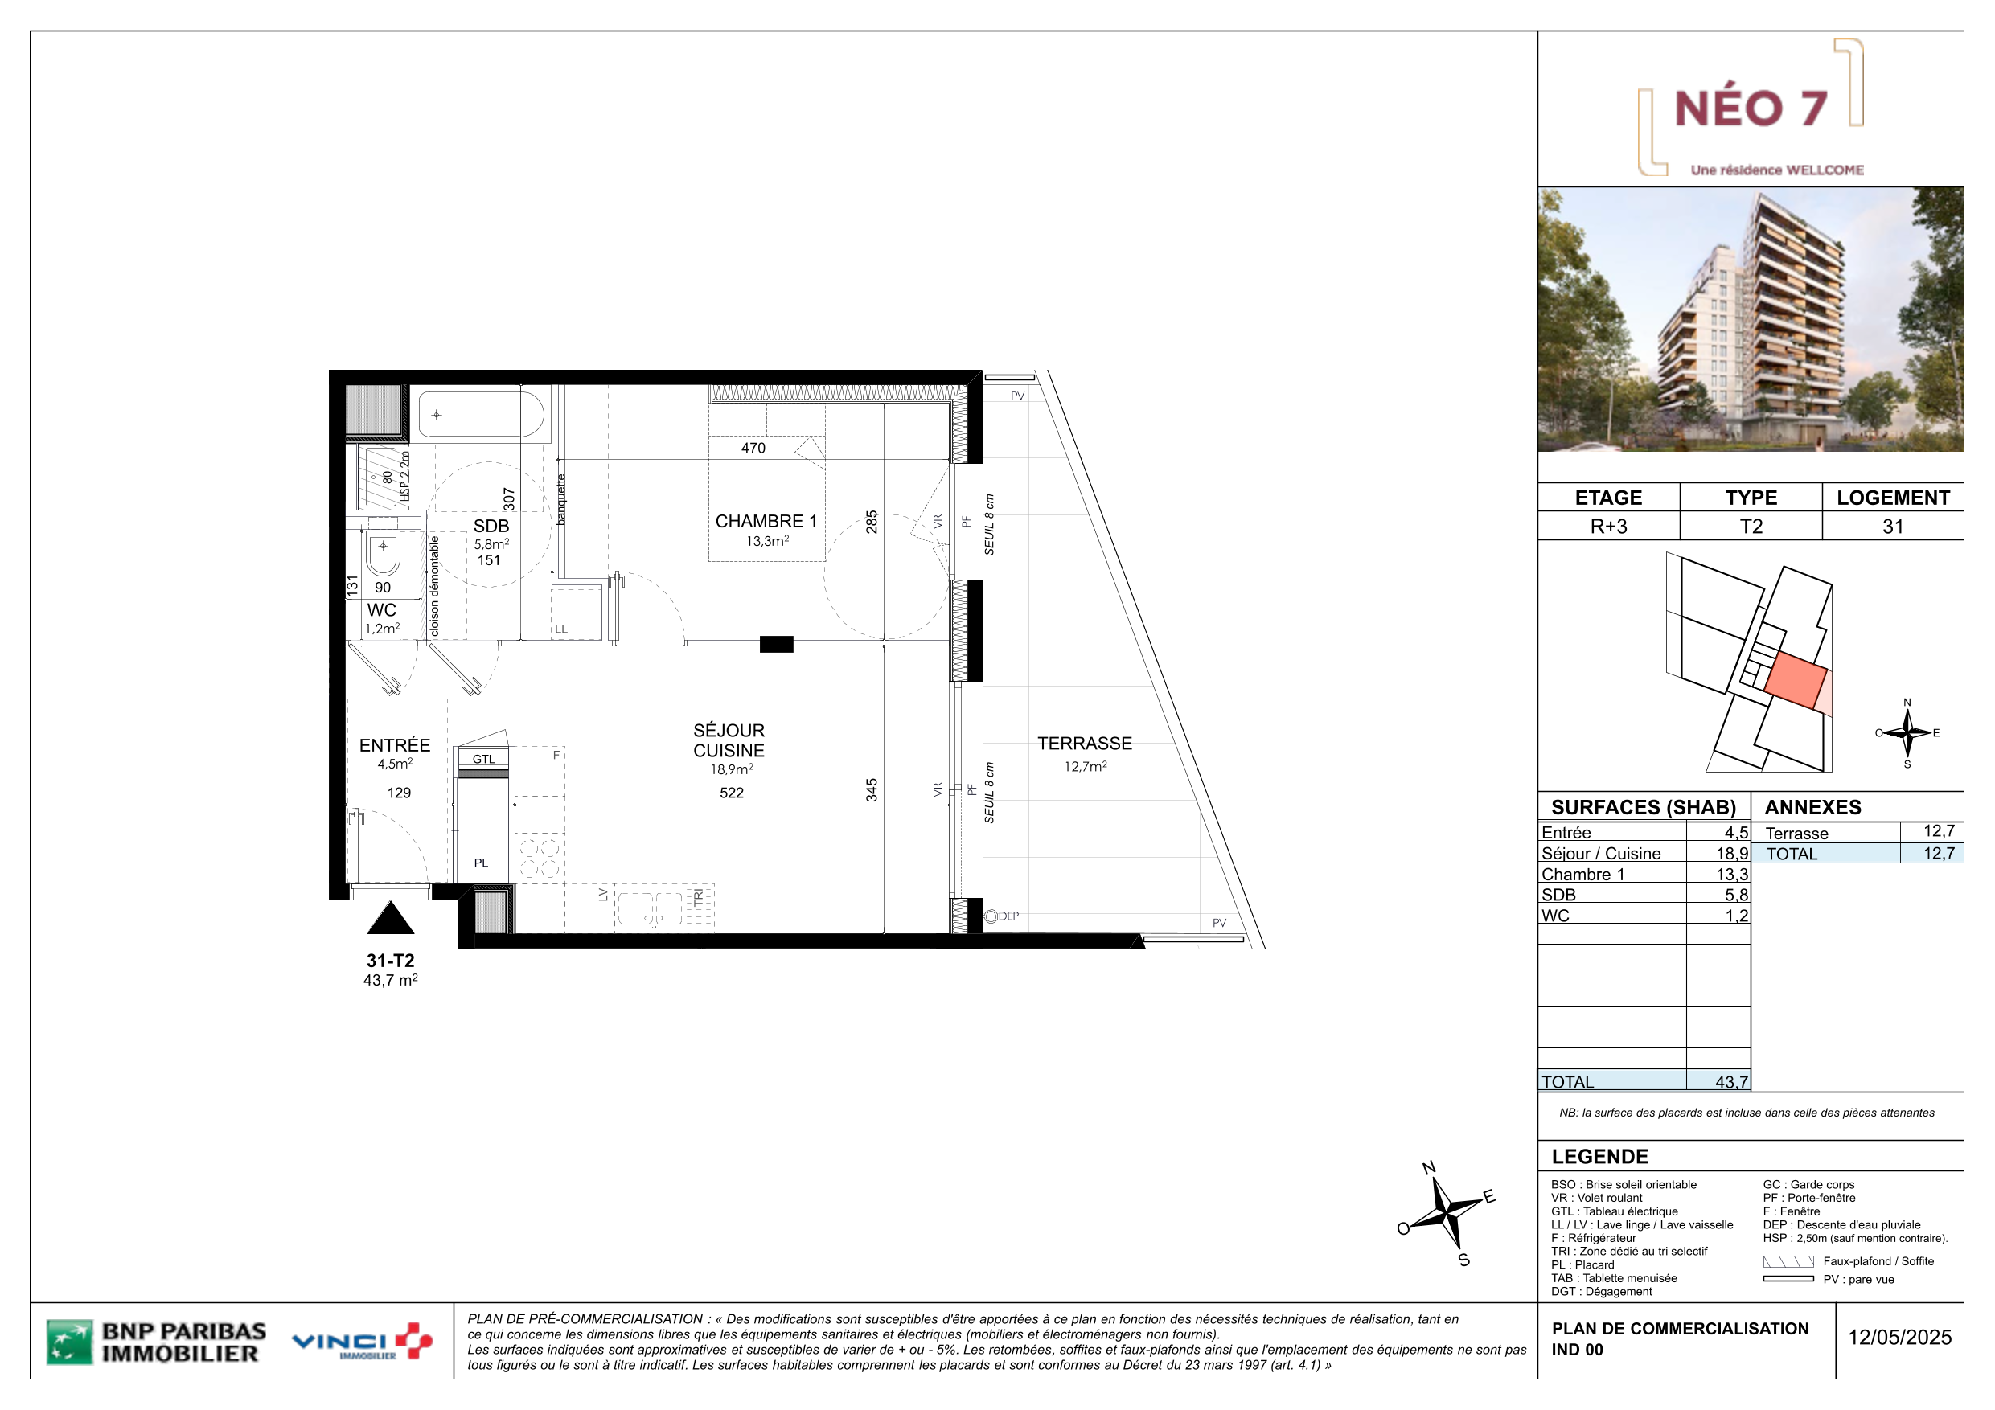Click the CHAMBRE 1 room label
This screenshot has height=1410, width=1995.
[766, 521]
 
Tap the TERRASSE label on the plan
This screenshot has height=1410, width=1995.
[1085, 744]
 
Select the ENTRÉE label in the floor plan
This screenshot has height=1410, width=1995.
[395, 745]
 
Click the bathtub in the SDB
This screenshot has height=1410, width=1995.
[482, 415]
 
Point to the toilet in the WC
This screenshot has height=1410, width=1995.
[382, 554]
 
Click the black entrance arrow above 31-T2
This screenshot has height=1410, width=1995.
[391, 917]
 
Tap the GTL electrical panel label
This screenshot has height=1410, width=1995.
[483, 760]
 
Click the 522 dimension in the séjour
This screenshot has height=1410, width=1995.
[732, 793]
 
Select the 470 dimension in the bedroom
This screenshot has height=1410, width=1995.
[753, 449]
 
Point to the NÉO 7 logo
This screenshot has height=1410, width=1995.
[1750, 108]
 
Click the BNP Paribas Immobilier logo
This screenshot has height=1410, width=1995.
[157, 1342]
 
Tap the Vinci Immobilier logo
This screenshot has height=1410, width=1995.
[363, 1342]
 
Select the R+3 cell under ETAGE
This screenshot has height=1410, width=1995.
[1608, 527]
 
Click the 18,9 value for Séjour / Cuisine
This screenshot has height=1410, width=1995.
[1732, 854]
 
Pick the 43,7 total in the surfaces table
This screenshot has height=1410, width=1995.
[1732, 1083]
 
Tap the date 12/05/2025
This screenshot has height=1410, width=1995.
[1899, 1338]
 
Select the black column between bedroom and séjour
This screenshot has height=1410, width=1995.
[777, 644]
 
